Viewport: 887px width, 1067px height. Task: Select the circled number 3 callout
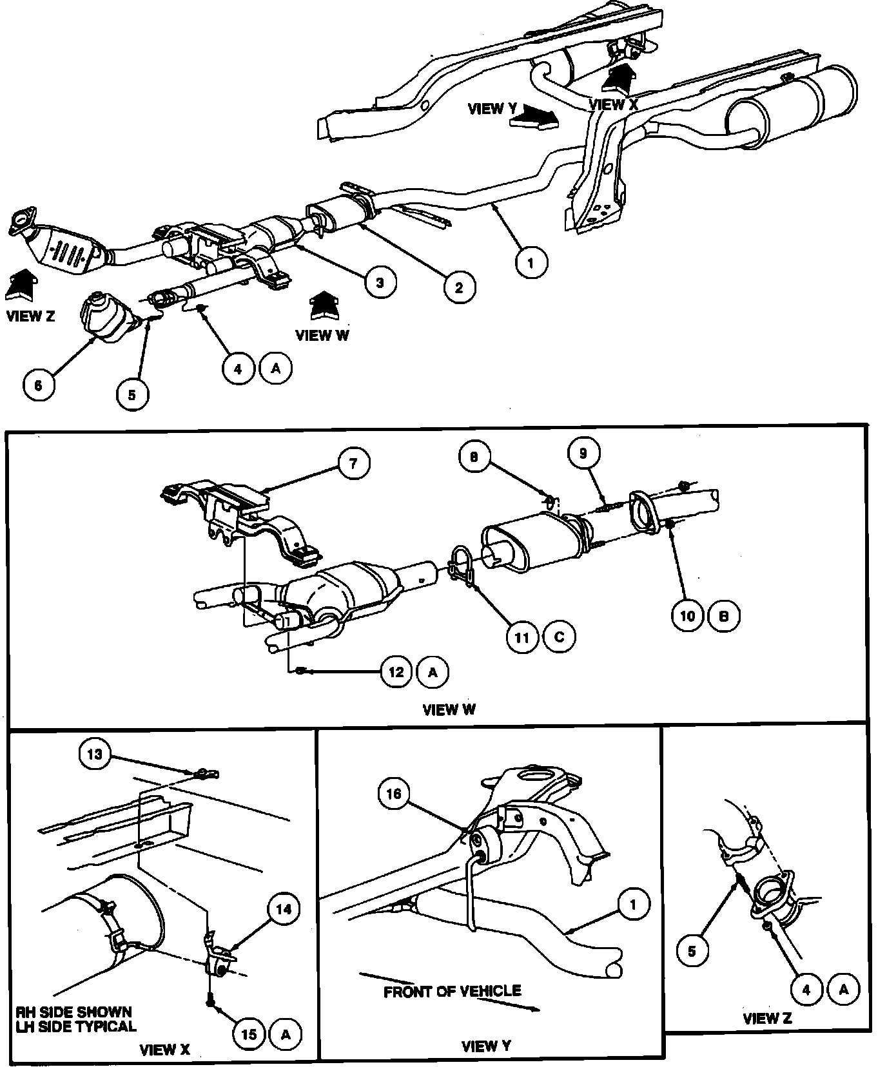(380, 282)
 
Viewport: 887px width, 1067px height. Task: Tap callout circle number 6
(38, 385)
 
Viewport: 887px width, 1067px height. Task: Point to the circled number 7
(353, 463)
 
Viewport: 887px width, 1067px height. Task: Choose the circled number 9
(583, 454)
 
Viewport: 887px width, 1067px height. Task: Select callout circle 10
(688, 615)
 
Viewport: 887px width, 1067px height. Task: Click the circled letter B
(724, 615)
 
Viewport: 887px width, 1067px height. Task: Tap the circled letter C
(559, 637)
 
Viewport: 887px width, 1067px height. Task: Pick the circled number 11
(522, 637)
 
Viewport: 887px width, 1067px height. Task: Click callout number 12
(396, 672)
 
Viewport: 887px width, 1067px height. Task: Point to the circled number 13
(95, 754)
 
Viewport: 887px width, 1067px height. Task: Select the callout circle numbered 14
(284, 910)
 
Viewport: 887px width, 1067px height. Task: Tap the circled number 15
(249, 1034)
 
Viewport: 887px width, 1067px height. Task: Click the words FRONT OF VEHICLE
(452, 992)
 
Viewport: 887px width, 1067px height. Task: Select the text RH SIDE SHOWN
(74, 1012)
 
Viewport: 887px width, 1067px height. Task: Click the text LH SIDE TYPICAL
(76, 1026)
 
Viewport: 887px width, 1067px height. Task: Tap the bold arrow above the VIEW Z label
(21, 284)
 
